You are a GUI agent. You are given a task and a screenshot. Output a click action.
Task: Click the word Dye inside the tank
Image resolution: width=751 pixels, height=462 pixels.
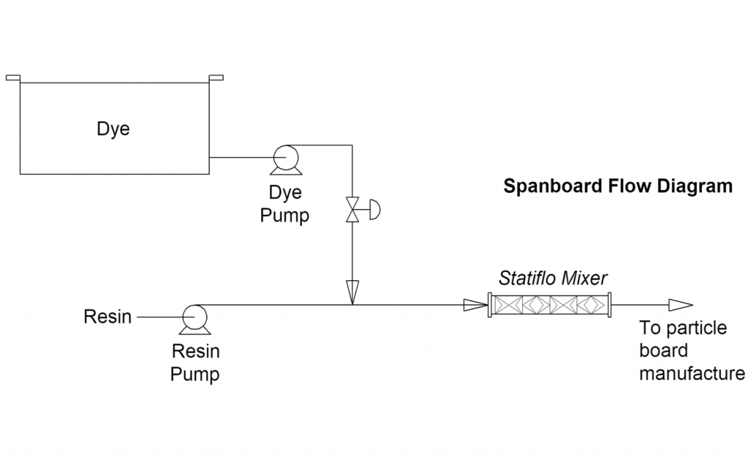coord(113,129)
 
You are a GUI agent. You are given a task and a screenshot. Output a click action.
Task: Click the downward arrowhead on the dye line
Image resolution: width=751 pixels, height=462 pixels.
coord(353,291)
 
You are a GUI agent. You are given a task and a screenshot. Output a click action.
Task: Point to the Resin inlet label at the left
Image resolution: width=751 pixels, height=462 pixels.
coord(108,317)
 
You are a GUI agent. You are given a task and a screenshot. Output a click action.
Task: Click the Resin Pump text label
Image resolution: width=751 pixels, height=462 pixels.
coord(195,362)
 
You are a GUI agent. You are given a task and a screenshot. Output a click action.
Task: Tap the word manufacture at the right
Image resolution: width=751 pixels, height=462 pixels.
coord(692,373)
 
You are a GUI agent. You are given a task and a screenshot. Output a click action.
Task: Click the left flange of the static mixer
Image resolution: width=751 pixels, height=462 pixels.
coord(490,304)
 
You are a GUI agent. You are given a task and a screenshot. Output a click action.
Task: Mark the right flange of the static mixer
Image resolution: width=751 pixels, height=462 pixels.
coord(609,304)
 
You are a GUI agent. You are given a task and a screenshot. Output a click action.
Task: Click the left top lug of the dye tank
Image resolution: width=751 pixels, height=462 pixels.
coord(13,78)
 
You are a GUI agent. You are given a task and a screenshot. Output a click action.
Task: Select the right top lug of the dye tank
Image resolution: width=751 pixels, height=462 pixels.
coord(216,78)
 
